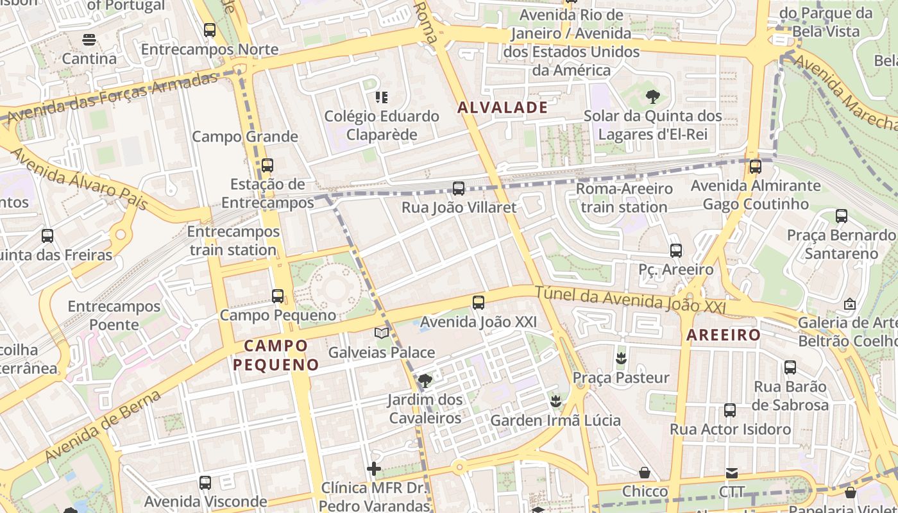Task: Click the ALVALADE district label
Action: click(x=503, y=108)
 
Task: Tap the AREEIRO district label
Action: click(x=724, y=335)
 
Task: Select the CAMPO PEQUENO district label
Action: click(x=276, y=355)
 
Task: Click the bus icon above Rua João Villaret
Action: click(x=458, y=189)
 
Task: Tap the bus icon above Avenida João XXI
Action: click(x=478, y=303)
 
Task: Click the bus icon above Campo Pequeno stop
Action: click(x=277, y=296)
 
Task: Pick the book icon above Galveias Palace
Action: click(x=382, y=333)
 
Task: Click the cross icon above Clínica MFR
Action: click(x=374, y=469)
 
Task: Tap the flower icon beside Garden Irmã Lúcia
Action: click(x=555, y=401)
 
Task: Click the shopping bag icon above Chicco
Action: click(x=645, y=473)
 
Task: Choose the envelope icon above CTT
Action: click(x=731, y=473)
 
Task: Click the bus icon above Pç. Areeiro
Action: click(x=675, y=251)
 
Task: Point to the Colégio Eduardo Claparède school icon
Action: click(x=382, y=97)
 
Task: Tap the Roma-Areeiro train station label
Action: click(x=624, y=198)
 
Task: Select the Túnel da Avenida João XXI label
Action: click(x=631, y=299)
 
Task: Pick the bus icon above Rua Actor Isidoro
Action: click(x=730, y=410)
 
